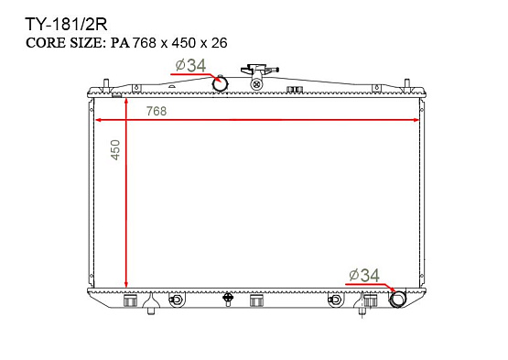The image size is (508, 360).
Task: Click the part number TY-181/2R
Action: point(66,25)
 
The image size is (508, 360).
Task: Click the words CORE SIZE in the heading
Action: point(66,43)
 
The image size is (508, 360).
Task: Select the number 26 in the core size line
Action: point(220,43)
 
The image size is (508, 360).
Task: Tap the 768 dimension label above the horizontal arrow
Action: point(157,111)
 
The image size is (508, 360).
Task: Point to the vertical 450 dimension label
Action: point(115,150)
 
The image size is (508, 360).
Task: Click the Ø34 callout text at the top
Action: point(190,66)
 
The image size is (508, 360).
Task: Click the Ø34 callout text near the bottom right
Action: point(364,276)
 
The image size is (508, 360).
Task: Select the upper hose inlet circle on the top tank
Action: point(220,83)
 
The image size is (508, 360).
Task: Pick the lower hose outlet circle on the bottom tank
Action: point(398,299)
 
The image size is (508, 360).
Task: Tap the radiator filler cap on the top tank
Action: point(259,70)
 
